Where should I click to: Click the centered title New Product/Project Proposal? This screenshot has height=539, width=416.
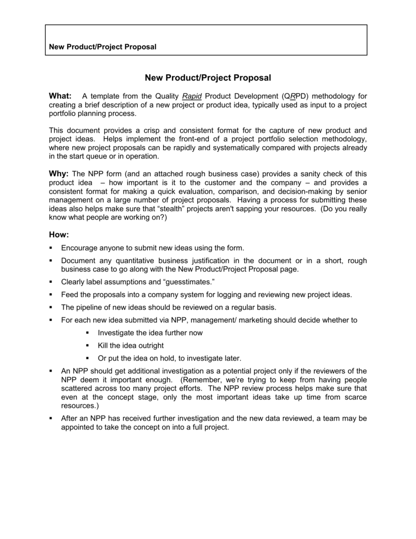208,78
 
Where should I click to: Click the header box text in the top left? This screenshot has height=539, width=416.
103,47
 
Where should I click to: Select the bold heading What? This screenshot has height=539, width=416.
60,96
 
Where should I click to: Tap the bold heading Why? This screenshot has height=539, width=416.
59,174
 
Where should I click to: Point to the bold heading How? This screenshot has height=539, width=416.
59,234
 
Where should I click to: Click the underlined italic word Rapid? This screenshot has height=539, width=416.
192,96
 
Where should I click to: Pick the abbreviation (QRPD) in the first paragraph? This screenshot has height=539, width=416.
296,96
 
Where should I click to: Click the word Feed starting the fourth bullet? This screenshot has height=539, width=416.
70,294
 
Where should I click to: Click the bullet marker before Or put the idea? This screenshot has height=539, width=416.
87,358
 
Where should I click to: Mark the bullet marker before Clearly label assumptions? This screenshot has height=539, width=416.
51,282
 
